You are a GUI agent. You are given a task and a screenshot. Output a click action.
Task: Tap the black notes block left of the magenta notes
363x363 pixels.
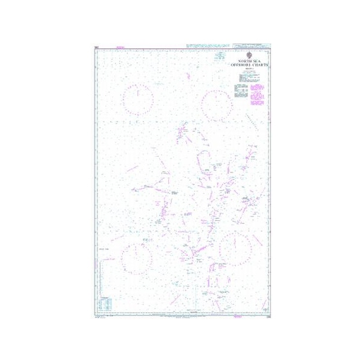tap(240, 94)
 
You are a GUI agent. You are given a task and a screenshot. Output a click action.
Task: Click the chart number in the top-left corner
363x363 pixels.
tap(97, 45)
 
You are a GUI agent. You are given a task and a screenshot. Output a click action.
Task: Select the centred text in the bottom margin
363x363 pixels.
tap(181, 315)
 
